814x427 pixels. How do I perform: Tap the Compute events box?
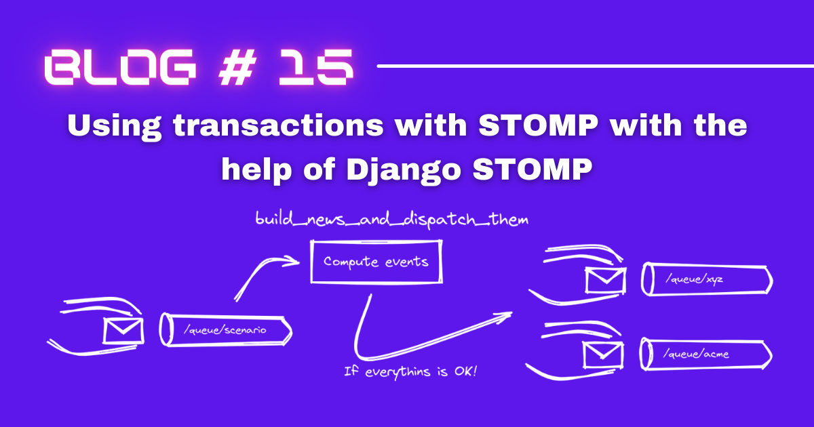click(x=376, y=262)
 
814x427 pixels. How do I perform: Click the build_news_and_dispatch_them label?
click(x=391, y=220)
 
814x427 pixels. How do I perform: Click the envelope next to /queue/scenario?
click(x=123, y=331)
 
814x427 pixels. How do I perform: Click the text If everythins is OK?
click(x=410, y=371)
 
